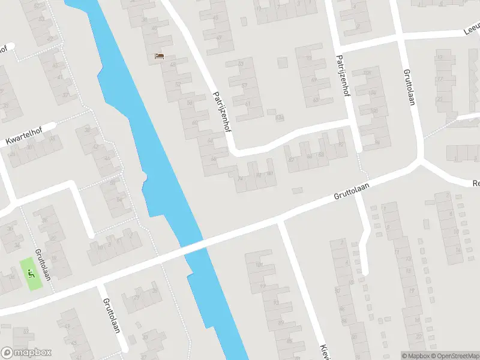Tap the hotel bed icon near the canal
pyautogui.click(x=159, y=56)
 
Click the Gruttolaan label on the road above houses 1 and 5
pyautogui.click(x=352, y=191)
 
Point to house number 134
pyautogui.click(x=279, y=118)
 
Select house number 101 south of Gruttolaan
pyautogui.click(x=259, y=265)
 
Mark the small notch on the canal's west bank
pyautogui.click(x=144, y=176)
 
